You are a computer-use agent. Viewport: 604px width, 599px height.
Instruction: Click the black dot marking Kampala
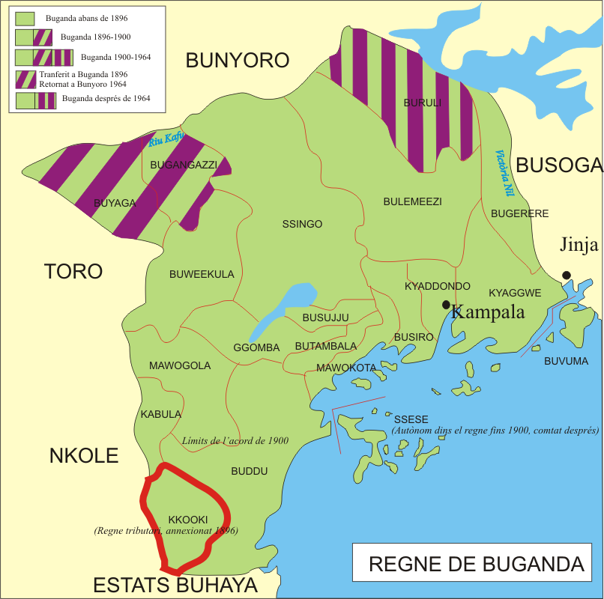(446, 305)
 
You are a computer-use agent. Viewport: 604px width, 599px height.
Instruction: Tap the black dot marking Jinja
(567, 275)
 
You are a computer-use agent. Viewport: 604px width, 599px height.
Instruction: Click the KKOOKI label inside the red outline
(187, 520)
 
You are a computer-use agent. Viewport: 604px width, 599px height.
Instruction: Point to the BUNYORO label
(237, 61)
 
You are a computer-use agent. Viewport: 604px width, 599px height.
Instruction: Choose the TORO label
(73, 271)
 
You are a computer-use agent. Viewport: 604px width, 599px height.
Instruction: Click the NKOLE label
(83, 455)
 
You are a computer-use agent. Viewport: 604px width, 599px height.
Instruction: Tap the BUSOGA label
(559, 165)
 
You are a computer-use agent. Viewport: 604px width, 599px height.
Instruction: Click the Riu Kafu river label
(166, 140)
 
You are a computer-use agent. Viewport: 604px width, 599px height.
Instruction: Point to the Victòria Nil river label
(505, 173)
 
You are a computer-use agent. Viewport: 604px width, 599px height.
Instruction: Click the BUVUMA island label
(566, 361)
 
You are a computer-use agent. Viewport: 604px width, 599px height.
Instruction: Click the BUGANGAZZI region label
(184, 164)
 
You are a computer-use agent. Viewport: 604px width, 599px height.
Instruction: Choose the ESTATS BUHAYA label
(175, 586)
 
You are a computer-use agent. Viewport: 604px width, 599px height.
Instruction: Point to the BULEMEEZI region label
(412, 201)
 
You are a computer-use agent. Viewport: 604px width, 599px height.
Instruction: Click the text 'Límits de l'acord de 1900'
(235, 441)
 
